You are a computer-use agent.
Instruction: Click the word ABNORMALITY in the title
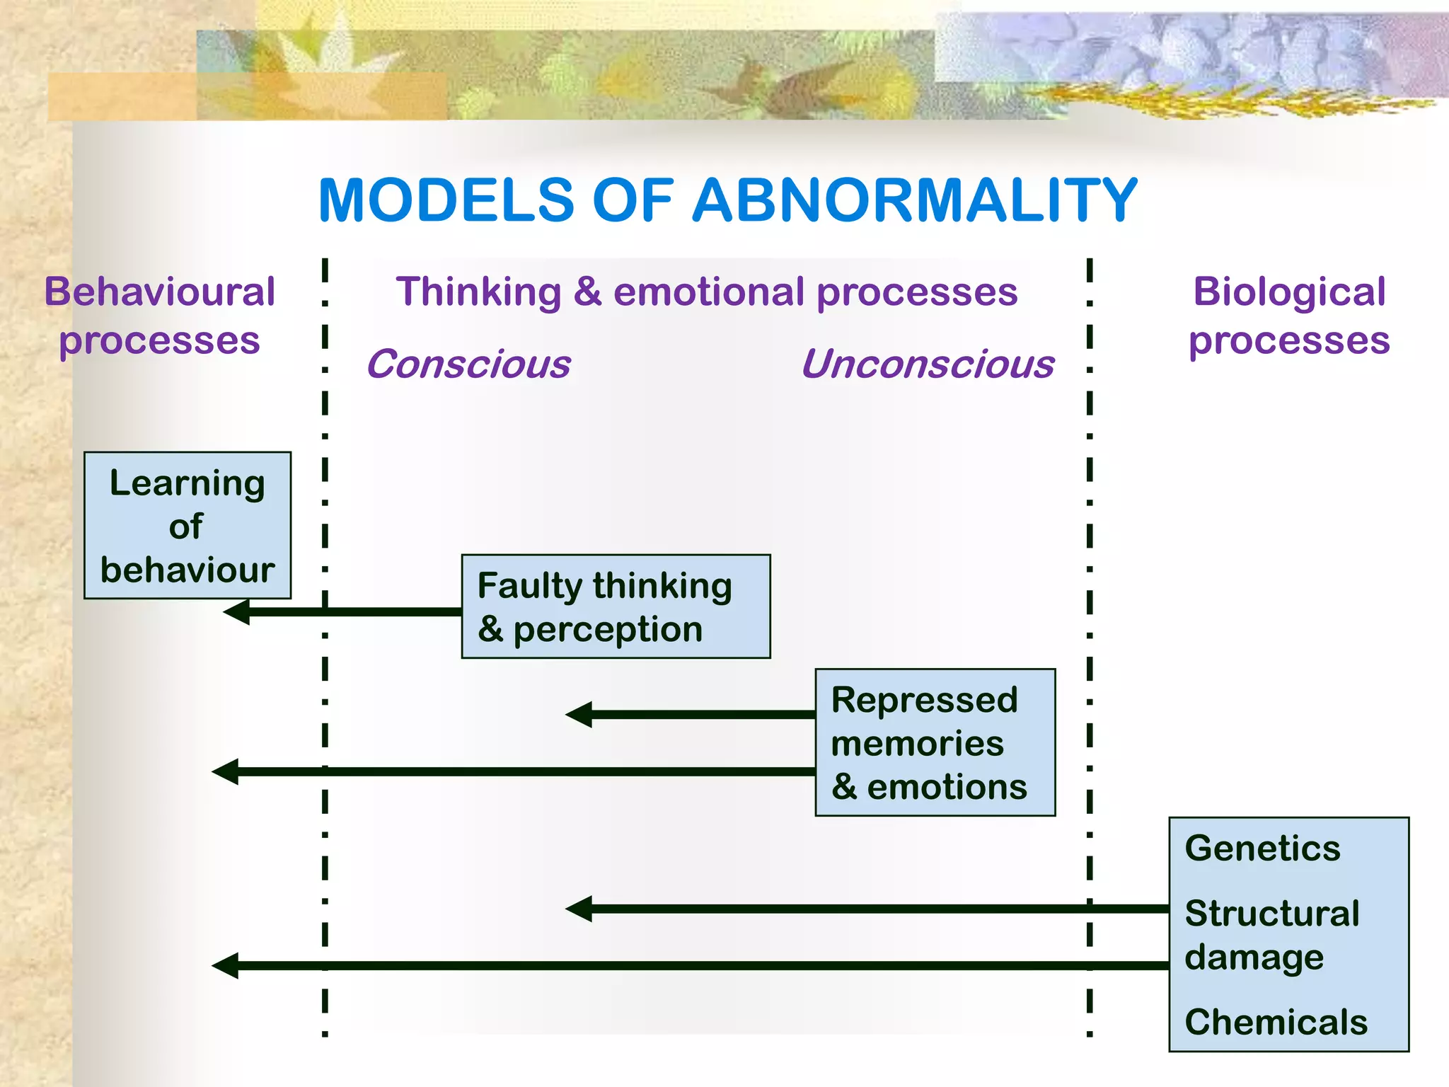914,200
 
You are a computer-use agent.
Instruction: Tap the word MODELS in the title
446,200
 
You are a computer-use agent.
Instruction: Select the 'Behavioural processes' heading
159,316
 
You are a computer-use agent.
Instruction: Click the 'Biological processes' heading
1289,316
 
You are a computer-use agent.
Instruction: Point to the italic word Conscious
468,364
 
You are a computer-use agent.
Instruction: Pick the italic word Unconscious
928,364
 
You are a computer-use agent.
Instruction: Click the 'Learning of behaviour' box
187,526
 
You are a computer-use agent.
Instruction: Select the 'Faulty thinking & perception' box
616,606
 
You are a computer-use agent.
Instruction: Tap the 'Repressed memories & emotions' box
935,742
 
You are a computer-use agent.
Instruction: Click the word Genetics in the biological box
1262,848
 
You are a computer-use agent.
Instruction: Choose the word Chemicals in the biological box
1276,1022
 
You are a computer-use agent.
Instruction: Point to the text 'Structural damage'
1271,934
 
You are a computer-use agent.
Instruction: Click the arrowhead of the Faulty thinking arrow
236,611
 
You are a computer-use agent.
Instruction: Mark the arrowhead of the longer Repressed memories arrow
225,771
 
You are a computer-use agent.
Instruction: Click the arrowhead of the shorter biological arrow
579,909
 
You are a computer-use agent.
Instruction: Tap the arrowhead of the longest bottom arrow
225,965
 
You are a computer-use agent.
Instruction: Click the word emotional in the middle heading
708,292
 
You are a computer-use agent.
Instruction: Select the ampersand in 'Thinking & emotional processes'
587,292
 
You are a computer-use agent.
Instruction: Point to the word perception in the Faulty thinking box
607,630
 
